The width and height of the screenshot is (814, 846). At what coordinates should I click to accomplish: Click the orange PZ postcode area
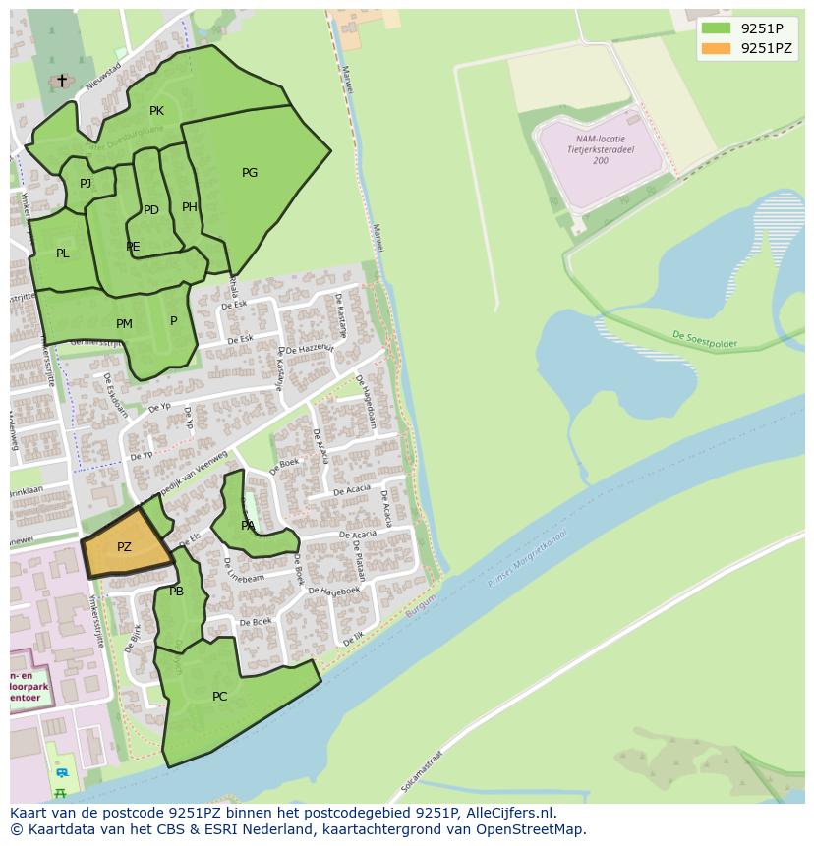[125, 546]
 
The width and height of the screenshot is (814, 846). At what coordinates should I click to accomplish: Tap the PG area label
[250, 173]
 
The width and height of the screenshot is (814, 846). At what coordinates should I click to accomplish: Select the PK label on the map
[156, 111]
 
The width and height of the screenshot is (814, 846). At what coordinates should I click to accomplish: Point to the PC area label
[219, 697]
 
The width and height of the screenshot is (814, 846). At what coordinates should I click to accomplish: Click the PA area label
[248, 526]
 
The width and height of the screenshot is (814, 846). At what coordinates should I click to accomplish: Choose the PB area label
[176, 592]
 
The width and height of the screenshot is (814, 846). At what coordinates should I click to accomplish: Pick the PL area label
[63, 254]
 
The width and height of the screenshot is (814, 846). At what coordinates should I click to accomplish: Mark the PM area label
[124, 324]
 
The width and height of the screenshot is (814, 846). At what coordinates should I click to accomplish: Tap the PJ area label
[86, 184]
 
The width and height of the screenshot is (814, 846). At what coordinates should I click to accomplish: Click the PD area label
[150, 210]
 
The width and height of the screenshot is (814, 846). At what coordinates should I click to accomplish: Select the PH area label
[190, 207]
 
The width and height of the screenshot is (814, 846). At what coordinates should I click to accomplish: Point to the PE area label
[133, 247]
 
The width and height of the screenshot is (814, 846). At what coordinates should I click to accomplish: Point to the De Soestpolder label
[704, 339]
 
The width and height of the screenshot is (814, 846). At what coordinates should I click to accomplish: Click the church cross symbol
[62, 81]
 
